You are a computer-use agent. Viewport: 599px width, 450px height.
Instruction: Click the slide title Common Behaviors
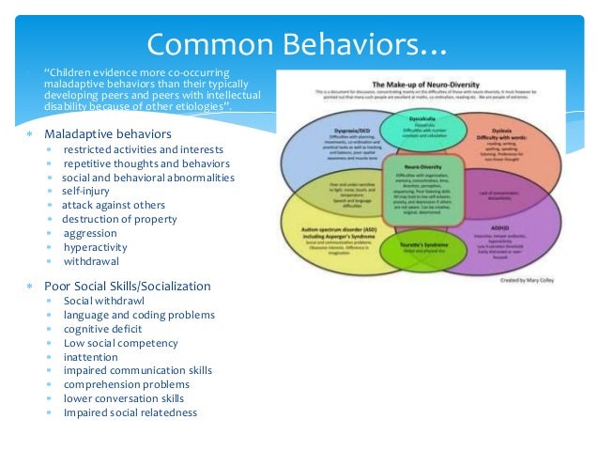point(299,42)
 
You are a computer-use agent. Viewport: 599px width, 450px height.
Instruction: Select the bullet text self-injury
point(87,191)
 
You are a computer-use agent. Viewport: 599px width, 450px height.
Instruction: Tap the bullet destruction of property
point(119,219)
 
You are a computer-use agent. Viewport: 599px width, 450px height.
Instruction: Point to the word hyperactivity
point(96,247)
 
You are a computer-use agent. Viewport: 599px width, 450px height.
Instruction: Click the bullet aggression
point(90,233)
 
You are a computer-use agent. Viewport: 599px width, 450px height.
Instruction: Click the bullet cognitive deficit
point(103,329)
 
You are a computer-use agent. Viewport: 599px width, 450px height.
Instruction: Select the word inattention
point(91,357)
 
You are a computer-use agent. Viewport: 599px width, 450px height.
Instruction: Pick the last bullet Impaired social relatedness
point(131,413)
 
